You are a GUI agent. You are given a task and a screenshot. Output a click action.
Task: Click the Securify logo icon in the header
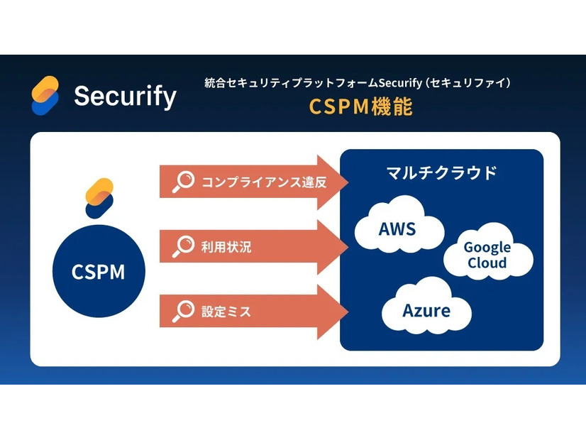pos(45,95)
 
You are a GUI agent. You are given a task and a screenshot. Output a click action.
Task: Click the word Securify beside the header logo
pos(125,96)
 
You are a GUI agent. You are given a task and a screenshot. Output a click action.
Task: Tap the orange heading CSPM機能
pos(360,106)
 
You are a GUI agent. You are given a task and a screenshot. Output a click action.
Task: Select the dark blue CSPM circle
pos(98,273)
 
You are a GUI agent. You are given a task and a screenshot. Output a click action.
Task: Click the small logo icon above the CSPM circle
pos(99,198)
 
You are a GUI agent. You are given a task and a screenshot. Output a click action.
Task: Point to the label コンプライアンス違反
pos(264,182)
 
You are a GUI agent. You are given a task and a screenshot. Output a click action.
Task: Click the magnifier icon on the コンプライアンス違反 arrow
pos(183,182)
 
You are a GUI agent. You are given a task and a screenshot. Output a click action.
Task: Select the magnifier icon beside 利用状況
pos(183,247)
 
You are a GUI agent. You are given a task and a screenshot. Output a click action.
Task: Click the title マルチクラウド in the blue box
pos(441,172)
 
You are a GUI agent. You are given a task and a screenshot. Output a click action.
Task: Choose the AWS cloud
pos(397,229)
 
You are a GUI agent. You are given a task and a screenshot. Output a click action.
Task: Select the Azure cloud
pos(426,311)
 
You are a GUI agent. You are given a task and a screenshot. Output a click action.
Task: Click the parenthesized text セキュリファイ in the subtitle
pos(469,83)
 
